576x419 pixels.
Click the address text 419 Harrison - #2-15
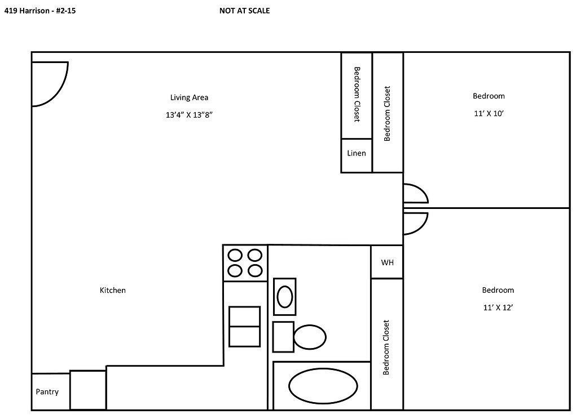[39, 10]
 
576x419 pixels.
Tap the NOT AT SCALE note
[244, 10]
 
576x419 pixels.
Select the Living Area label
[189, 97]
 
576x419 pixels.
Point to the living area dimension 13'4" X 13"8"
[189, 115]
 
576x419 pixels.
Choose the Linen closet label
[356, 153]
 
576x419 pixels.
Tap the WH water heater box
[386, 262]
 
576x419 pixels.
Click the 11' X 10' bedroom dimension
[489, 113]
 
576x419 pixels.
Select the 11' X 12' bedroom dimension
[498, 307]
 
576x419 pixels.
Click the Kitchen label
[113, 290]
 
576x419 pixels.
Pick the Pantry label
[47, 392]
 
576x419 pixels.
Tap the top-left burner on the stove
[235, 256]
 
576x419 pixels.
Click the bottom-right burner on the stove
[255, 271]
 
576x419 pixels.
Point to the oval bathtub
[323, 386]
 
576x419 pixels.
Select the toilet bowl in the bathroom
[310, 337]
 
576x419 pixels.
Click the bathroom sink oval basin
[285, 296]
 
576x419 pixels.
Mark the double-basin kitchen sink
[244, 326]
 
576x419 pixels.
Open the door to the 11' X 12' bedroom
[415, 223]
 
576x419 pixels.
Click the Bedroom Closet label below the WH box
[386, 347]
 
